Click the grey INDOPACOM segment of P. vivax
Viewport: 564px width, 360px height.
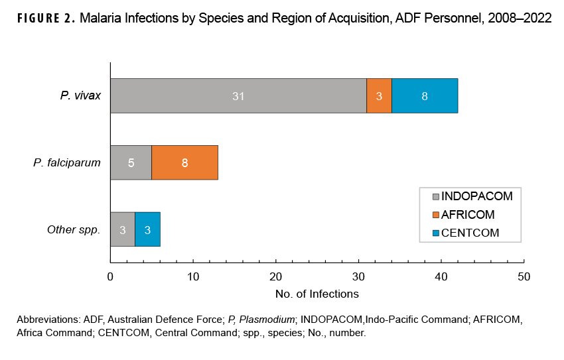238,96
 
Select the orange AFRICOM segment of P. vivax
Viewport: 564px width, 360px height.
379,96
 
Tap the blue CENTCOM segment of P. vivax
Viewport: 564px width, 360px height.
425,96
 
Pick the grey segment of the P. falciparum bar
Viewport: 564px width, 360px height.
131,162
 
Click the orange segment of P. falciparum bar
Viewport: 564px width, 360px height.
184,162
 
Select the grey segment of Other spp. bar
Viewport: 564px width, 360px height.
122,229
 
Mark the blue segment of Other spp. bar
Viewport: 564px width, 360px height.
147,229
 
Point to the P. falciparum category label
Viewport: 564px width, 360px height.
67,162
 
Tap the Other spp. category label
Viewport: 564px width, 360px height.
73,230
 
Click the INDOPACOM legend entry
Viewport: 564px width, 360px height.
472,196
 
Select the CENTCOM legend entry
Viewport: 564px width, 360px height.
465,232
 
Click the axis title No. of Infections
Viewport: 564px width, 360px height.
317,294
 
